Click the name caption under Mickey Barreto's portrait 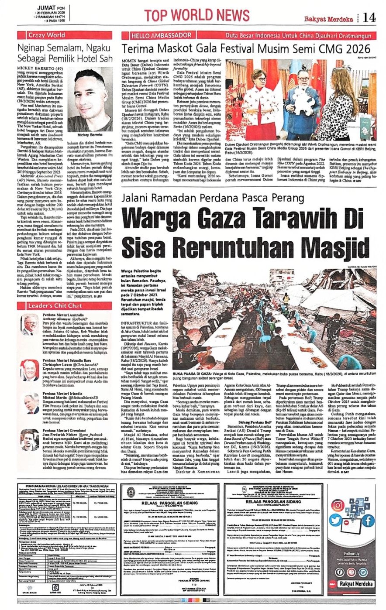point(90,136)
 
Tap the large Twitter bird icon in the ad point(336,520)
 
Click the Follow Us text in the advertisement point(352,554)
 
